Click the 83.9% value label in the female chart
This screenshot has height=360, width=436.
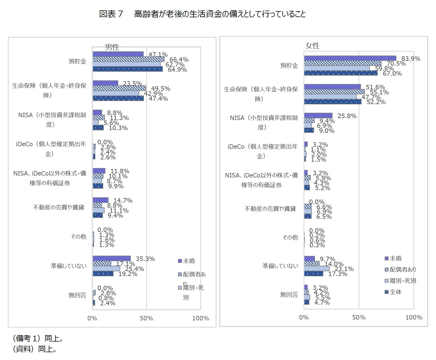(411, 59)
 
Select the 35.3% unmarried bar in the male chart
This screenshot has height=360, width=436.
(112, 258)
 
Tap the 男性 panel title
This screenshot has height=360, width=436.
(112, 47)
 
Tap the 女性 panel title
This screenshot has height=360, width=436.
(312, 46)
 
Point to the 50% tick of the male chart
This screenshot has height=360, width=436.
(146, 318)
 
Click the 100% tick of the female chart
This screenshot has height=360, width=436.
(414, 317)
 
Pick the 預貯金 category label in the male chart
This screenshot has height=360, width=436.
(78, 61)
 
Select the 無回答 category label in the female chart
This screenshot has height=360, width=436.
(289, 295)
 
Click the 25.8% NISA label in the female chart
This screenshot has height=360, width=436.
(347, 116)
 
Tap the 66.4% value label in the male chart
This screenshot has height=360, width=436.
(179, 59)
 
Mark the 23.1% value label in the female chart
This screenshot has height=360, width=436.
(344, 269)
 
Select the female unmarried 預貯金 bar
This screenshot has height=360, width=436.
(350, 58)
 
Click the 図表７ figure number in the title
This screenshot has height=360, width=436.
(111, 14)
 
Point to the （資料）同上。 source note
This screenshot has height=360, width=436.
(35, 349)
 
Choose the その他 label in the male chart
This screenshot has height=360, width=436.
(79, 237)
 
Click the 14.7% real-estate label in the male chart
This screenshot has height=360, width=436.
(123, 200)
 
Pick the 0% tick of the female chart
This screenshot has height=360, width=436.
(304, 317)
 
